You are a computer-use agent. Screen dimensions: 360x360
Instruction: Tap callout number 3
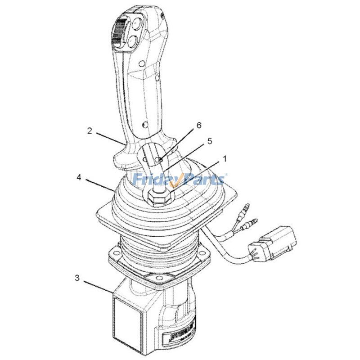[77, 278]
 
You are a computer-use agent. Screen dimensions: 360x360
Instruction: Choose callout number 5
[209, 140]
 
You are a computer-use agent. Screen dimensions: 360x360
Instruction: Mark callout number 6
[198, 127]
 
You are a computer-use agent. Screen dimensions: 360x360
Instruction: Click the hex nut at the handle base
[157, 196]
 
